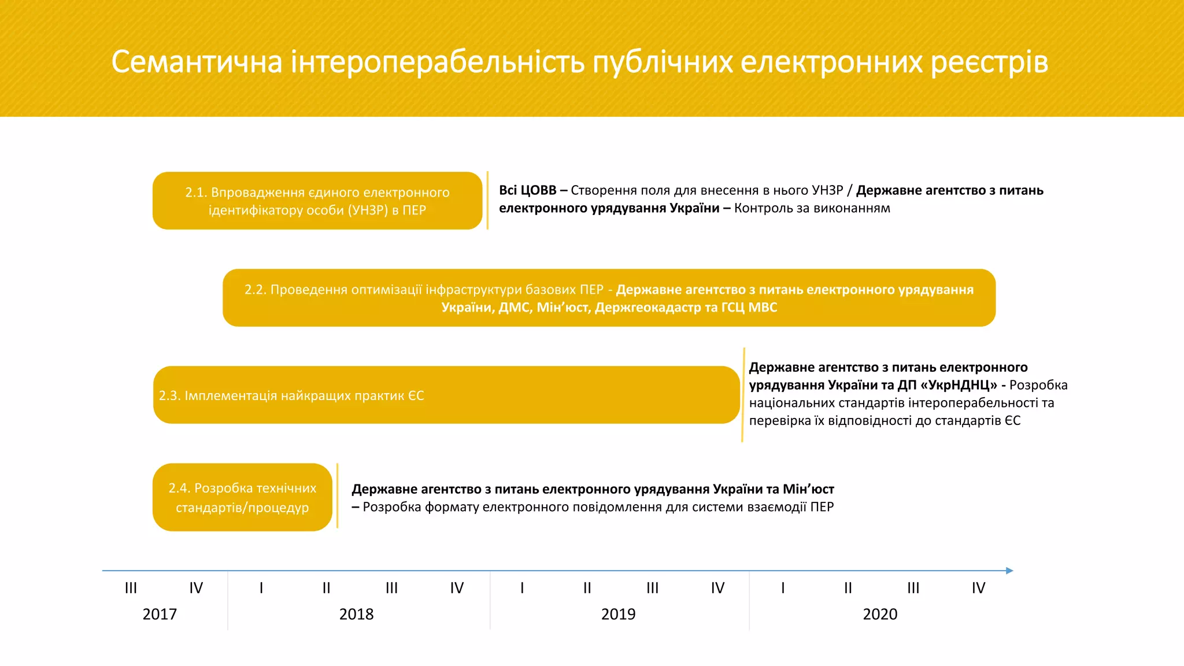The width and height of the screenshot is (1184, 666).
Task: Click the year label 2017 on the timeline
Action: coord(160,614)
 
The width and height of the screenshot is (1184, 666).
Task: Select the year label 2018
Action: coord(356,614)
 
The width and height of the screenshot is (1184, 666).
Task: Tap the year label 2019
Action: coord(618,614)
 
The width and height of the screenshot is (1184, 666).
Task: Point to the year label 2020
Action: coord(880,614)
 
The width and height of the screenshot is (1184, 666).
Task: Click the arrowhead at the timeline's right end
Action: coord(1009,571)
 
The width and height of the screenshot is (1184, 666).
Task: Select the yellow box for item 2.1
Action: coord(317,201)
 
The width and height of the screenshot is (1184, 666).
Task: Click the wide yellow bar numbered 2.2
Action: coord(609,298)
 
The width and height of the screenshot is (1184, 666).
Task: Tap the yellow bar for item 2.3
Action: coord(446,395)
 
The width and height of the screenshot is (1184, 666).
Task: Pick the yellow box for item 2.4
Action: coord(242,497)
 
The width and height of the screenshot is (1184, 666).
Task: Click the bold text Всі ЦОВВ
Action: coord(527,190)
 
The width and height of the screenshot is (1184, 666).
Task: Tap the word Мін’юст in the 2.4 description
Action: coord(808,489)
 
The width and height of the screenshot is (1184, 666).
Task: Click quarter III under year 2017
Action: coord(131,588)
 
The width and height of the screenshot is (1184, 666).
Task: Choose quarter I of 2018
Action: coord(261,588)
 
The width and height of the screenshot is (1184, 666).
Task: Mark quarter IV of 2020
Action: coord(978,588)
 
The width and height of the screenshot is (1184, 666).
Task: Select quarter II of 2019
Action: coord(587,588)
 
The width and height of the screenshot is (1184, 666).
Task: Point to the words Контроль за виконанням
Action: coord(812,208)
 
